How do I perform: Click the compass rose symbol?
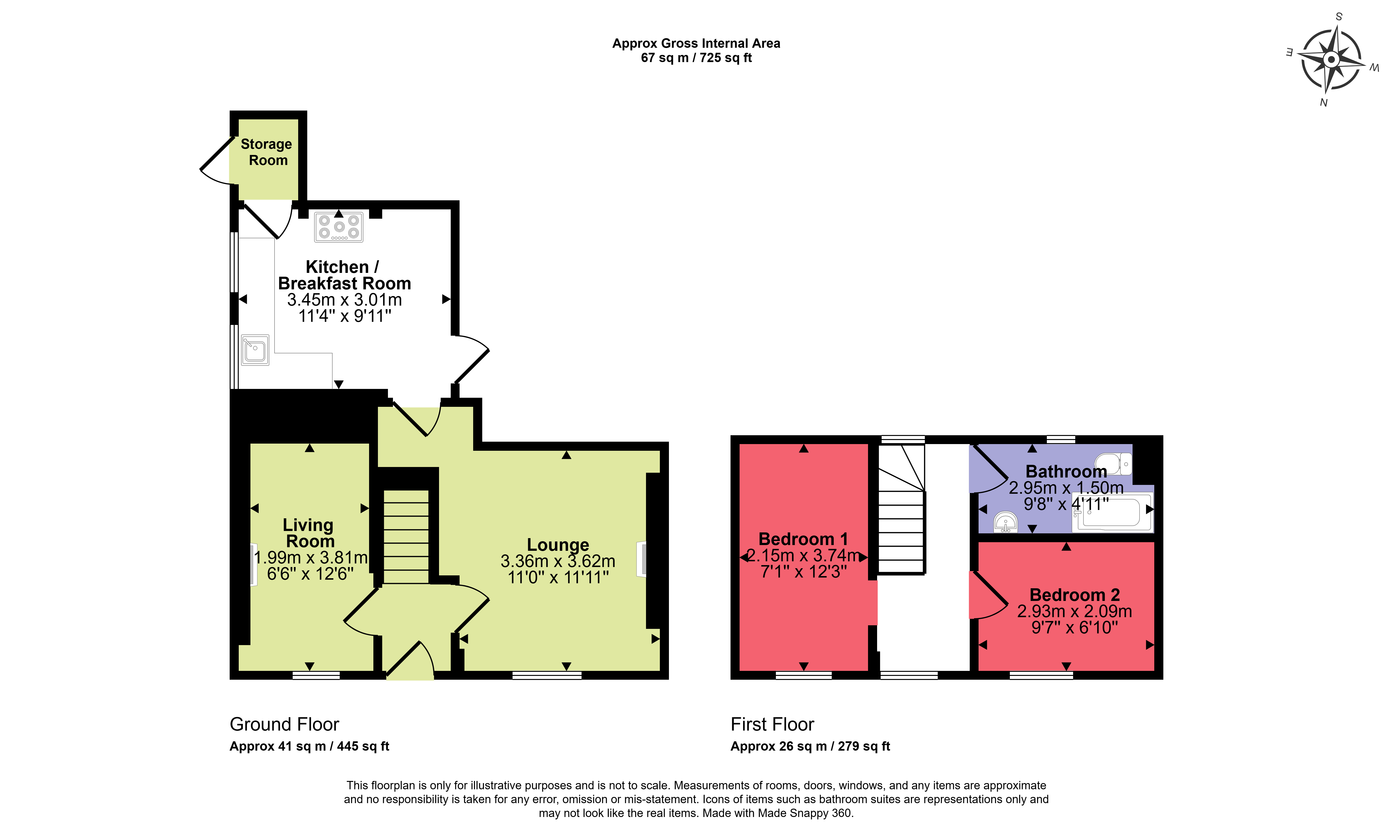(x=1331, y=59)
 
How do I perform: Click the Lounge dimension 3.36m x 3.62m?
(x=558, y=561)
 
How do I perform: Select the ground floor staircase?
(x=406, y=536)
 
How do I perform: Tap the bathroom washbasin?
(x=1006, y=522)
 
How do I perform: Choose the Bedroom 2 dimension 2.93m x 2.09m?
(x=1075, y=611)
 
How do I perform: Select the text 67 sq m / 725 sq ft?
(x=696, y=58)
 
